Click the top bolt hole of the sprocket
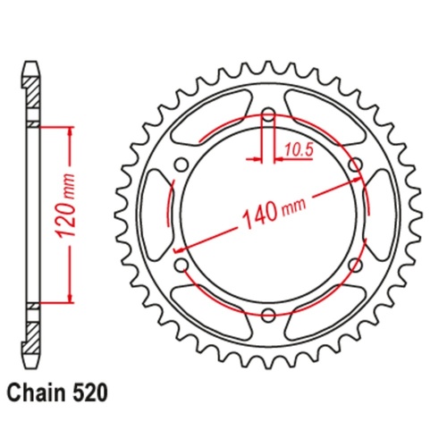pyautogui.click(x=268, y=115)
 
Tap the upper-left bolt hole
pyautogui.click(x=182, y=164)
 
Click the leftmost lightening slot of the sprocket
pyautogui.click(x=159, y=215)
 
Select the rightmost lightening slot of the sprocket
pyautogui.click(x=377, y=215)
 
